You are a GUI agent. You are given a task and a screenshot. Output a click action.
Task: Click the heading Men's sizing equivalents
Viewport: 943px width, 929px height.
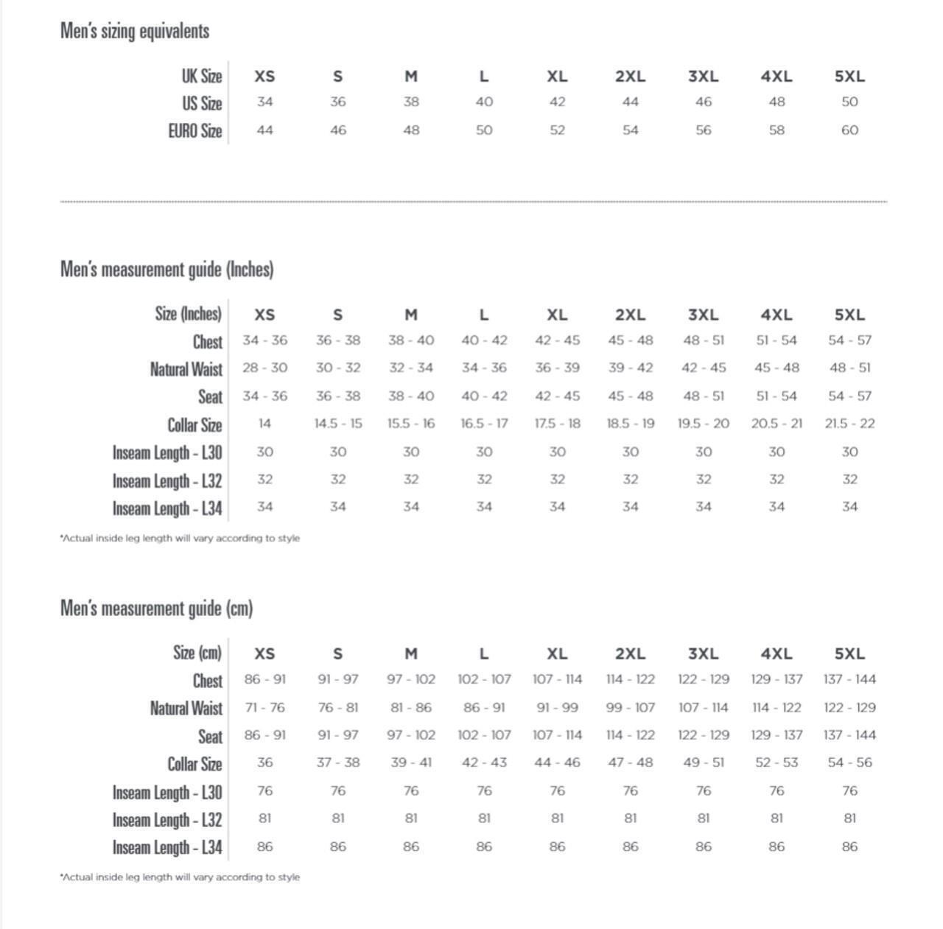pyautogui.click(x=135, y=31)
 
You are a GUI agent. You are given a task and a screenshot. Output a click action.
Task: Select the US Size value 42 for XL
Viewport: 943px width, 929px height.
pyautogui.click(x=557, y=102)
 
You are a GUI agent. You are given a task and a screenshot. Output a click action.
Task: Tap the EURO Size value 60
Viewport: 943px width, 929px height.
pyautogui.click(x=849, y=130)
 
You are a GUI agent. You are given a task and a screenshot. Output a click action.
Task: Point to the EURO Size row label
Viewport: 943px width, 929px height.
pyautogui.click(x=194, y=131)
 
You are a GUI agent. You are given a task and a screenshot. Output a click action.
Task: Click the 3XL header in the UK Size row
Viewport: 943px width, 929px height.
pyautogui.click(x=703, y=76)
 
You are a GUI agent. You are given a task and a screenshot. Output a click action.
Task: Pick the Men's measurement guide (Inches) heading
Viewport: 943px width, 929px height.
pyautogui.click(x=167, y=270)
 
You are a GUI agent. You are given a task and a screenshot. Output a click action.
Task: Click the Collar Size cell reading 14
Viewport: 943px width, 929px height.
pyautogui.click(x=264, y=424)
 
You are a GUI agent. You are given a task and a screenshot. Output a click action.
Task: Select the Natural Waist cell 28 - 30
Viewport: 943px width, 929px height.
pyautogui.click(x=264, y=368)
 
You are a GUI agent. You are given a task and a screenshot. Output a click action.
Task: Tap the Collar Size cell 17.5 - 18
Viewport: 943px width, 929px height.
pyautogui.click(x=557, y=424)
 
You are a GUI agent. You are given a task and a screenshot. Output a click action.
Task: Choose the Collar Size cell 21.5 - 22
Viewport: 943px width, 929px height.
pyautogui.click(x=849, y=424)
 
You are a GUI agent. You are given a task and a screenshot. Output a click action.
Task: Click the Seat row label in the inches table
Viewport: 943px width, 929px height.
pyautogui.click(x=210, y=397)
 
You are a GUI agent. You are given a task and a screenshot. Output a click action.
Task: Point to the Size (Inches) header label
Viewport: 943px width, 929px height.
pyautogui.click(x=188, y=314)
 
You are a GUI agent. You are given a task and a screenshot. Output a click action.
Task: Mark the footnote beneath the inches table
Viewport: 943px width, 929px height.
pyautogui.click(x=180, y=539)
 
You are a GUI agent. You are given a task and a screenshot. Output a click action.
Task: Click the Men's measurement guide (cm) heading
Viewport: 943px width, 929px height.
pyautogui.click(x=157, y=609)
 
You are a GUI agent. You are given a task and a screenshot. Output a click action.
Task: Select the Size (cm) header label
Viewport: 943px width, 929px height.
pyautogui.click(x=197, y=653)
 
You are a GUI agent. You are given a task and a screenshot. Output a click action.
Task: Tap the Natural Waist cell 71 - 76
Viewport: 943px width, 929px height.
pyautogui.click(x=264, y=707)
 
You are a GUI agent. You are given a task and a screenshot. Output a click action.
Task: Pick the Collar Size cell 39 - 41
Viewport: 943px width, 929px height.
pyautogui.click(x=411, y=763)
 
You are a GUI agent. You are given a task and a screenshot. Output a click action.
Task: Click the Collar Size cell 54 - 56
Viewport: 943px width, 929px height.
pyautogui.click(x=849, y=763)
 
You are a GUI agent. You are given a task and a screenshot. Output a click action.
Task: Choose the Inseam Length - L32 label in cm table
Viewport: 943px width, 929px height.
pyautogui.click(x=167, y=820)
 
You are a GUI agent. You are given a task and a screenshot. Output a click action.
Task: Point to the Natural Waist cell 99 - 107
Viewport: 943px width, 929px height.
pyautogui.click(x=630, y=707)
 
